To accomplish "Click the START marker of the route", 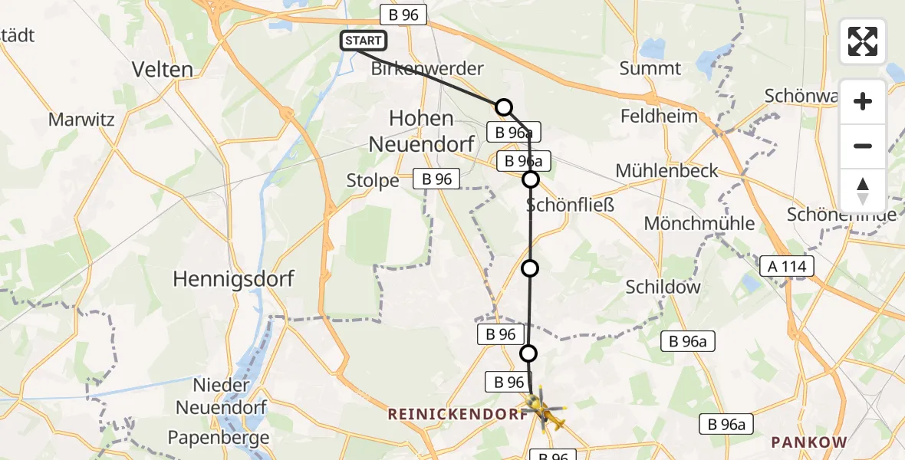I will [364, 41].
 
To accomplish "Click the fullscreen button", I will [863, 41].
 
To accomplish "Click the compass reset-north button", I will [863, 191].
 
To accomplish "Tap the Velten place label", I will [162, 69].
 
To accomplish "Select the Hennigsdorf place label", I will [233, 278].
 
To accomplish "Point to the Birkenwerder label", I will [427, 68].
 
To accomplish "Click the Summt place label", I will [650, 68].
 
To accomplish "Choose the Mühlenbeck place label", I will [666, 170].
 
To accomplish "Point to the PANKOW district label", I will [808, 442].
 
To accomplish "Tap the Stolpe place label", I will [374, 181].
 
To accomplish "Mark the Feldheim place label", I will [659, 117].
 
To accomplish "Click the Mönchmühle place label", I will [699, 224].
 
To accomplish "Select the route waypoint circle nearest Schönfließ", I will [531, 179].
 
